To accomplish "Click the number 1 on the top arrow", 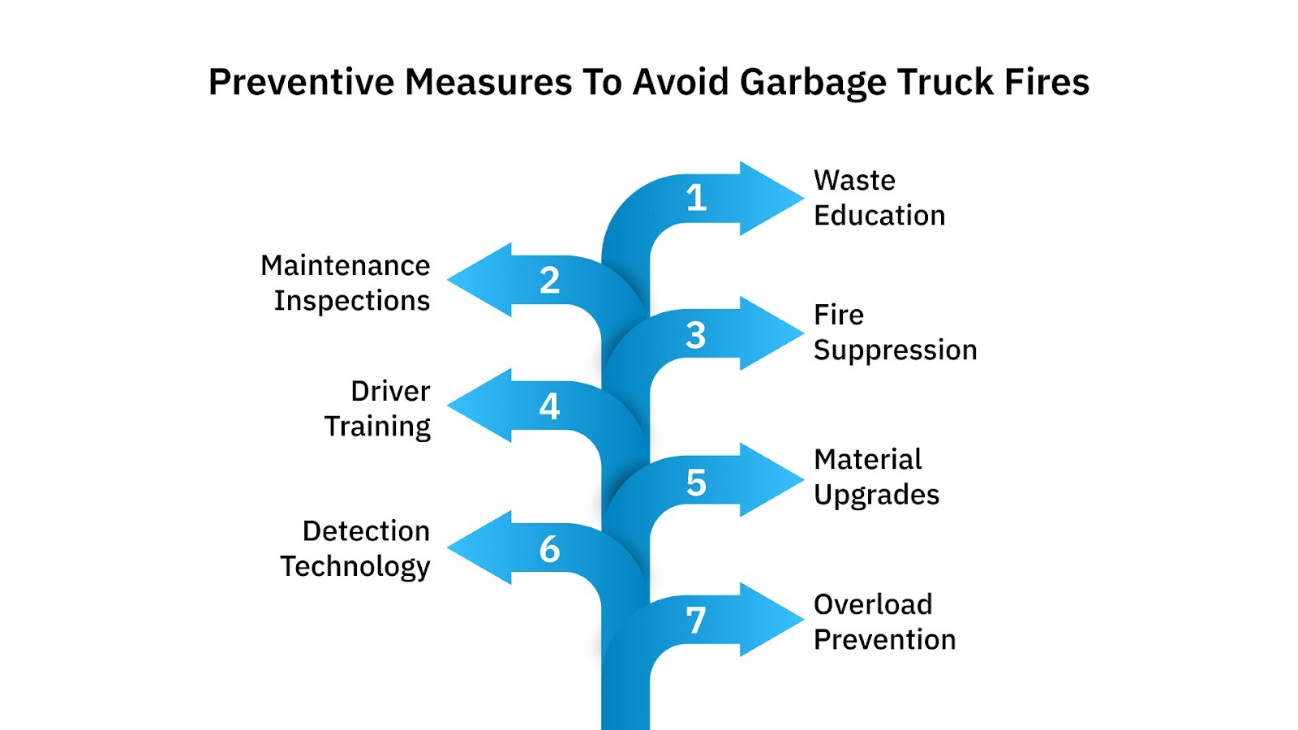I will tap(696, 198).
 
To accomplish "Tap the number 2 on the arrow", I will tap(549, 281).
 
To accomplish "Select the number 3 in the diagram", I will tap(695, 335).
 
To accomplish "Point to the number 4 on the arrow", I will tap(549, 406).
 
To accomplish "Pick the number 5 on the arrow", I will tap(696, 483).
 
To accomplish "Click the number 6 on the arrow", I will tap(549, 549).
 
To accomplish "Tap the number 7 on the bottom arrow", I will tap(695, 621).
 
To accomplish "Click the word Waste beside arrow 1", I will tap(854, 180).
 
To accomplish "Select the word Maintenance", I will tap(345, 265).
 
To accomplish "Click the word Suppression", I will tap(895, 350).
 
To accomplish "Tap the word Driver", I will tap(390, 391).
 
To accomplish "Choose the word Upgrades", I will tap(876, 495).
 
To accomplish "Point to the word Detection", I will tap(366, 530).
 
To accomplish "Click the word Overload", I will tap(873, 604).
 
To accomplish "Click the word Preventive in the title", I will tap(301, 83).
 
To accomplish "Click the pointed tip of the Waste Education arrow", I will tap(802, 198).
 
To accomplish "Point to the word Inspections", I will tap(351, 301).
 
